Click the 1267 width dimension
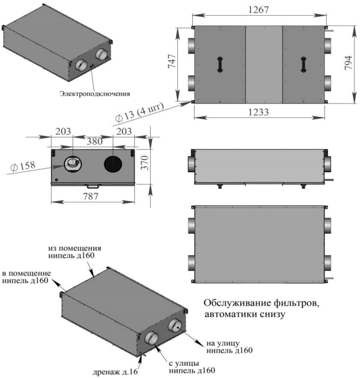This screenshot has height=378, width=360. tap(258, 10)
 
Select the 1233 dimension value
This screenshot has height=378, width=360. tap(258, 112)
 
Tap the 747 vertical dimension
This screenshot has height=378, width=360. tap(172, 62)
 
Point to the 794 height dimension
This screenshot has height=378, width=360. tap(348, 63)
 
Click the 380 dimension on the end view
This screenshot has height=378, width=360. tap(94, 141)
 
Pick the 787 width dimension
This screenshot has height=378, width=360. tap(91, 196)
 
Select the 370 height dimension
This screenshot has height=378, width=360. tap(145, 163)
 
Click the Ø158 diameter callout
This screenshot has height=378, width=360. tap(23, 166)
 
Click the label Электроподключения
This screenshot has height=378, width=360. tap(94, 93)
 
